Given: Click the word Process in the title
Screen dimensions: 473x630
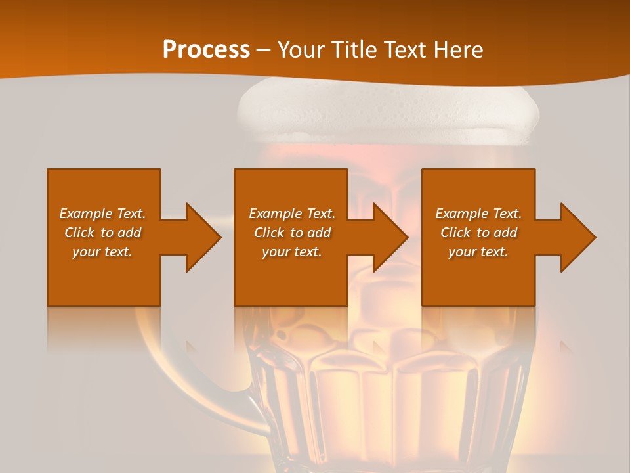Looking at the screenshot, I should click(x=206, y=50).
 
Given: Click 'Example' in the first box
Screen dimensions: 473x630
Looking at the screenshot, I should click(x=85, y=214).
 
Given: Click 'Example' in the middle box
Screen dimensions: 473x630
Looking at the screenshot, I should click(x=275, y=214).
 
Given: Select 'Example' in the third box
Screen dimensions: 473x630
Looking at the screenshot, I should click(x=461, y=214).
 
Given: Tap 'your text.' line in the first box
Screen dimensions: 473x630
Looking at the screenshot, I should click(x=103, y=252).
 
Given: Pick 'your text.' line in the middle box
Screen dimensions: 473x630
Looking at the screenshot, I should click(x=292, y=252).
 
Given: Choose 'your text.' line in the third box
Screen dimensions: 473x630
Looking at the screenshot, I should click(x=478, y=252).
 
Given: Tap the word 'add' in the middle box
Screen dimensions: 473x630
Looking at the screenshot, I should click(x=319, y=233).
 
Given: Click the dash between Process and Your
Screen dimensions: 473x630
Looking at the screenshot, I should click(x=264, y=50).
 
